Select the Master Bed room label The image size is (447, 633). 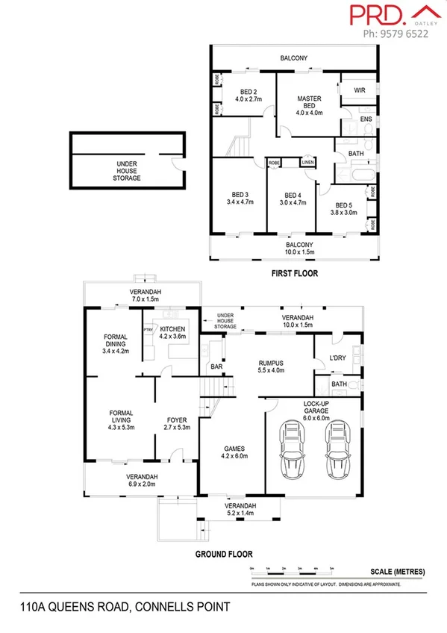coord(308,103)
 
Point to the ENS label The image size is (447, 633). coord(366,119)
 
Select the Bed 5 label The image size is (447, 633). coord(343,207)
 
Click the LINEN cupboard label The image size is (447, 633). coord(307,162)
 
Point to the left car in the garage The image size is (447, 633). coord(291,452)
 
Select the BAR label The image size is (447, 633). coord(218,367)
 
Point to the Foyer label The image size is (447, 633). coord(176,422)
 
